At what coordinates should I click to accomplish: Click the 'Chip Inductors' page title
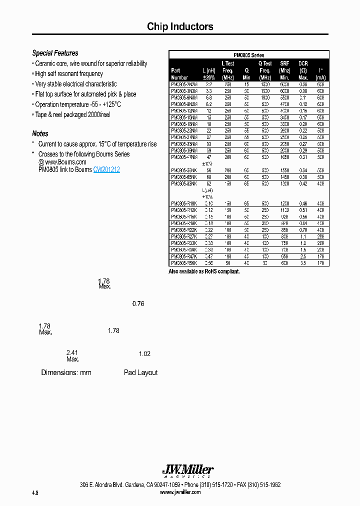(x=180, y=27)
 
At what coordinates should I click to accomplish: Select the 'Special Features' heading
(x=55, y=53)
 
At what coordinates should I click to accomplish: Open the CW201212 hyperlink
(x=106, y=169)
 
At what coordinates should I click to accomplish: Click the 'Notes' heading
(x=40, y=133)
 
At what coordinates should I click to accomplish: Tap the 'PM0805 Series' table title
(x=248, y=55)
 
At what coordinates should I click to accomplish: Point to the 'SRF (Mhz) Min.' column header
(x=284, y=70)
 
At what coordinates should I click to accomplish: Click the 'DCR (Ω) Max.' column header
(x=303, y=70)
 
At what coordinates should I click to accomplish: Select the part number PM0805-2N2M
(x=184, y=85)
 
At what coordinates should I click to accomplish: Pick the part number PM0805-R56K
(x=184, y=262)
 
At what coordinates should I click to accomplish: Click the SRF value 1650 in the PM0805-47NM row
(x=284, y=157)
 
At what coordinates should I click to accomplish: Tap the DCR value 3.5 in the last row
(x=303, y=262)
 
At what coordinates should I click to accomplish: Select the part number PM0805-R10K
(x=184, y=203)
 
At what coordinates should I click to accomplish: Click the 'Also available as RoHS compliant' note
(x=204, y=271)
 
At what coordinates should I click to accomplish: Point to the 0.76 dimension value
(x=138, y=303)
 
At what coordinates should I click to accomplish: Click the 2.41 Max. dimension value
(x=72, y=355)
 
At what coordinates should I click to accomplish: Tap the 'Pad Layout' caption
(x=140, y=372)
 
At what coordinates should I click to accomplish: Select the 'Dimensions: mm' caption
(x=66, y=372)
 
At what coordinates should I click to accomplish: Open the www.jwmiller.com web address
(x=180, y=492)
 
